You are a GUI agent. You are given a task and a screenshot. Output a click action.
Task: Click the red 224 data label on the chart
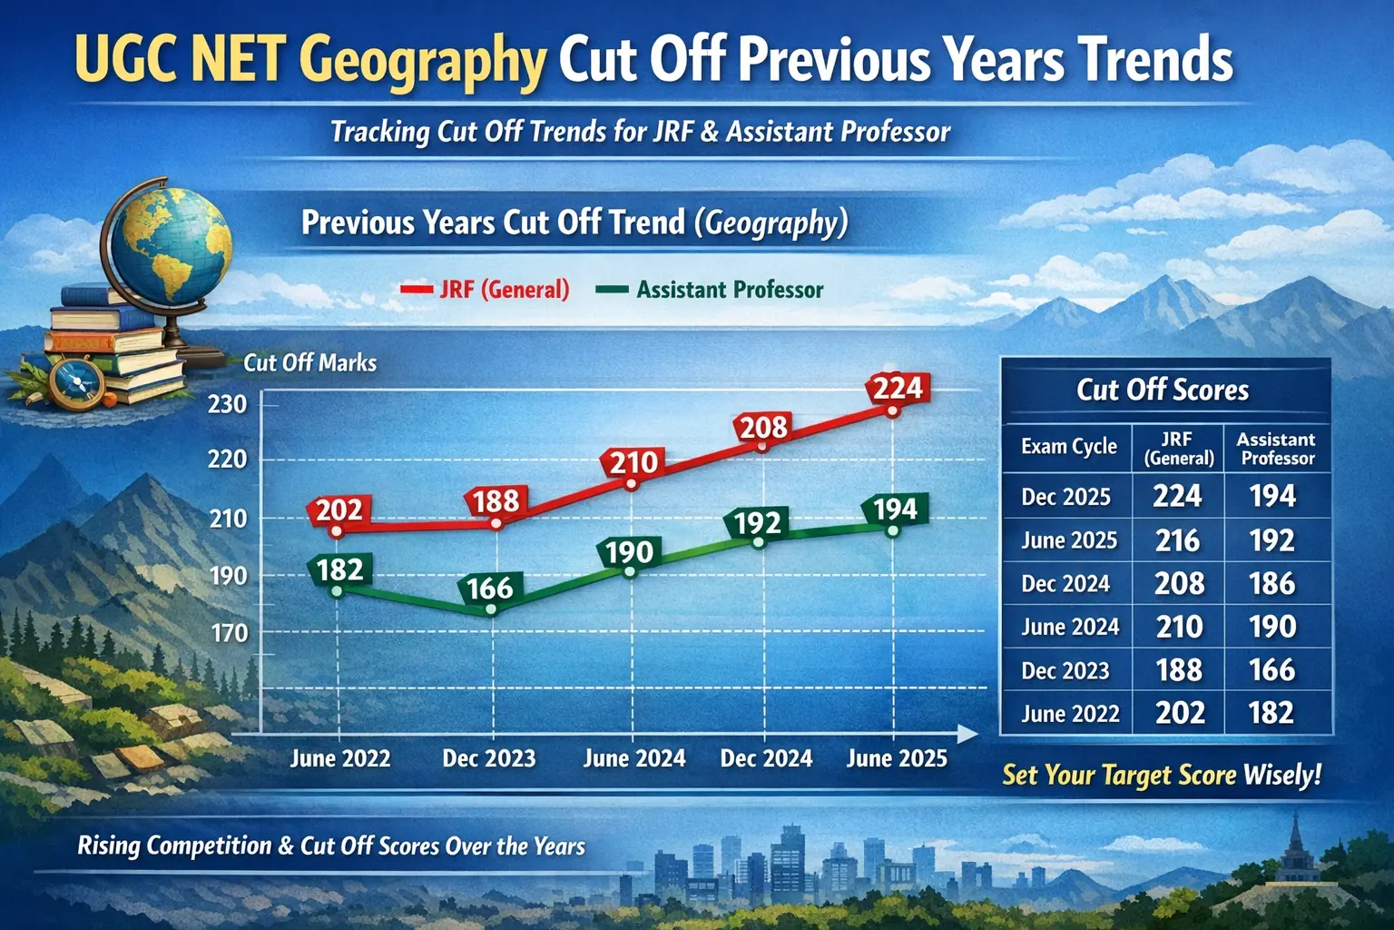[x=898, y=388]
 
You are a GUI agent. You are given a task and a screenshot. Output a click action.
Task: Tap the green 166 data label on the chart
[x=490, y=588]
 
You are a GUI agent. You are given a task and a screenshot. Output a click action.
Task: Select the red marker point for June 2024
[x=632, y=484]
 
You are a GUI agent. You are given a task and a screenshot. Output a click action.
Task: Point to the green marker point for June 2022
[x=337, y=590]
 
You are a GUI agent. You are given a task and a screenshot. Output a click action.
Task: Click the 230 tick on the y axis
[x=227, y=405]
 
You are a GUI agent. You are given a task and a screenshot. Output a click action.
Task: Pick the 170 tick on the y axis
[x=229, y=634]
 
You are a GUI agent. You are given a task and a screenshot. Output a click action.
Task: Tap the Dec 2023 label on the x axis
[x=488, y=758]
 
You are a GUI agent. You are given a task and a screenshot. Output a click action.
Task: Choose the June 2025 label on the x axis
[x=897, y=758]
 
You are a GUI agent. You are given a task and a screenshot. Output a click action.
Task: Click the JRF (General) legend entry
[x=486, y=290]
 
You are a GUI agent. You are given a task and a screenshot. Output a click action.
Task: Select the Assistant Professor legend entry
[x=710, y=290]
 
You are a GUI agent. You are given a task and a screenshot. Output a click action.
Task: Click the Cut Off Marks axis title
[x=309, y=362]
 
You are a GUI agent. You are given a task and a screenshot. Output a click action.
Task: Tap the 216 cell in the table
[x=1177, y=540]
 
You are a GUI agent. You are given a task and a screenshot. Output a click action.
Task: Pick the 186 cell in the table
[x=1272, y=584]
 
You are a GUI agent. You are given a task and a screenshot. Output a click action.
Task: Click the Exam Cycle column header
[x=1068, y=446]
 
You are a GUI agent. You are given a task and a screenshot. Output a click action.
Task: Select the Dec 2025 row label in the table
[x=1065, y=497]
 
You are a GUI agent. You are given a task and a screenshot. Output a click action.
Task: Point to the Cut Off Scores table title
[x=1163, y=390]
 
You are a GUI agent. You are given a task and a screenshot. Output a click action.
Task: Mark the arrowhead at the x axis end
[x=967, y=735]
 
